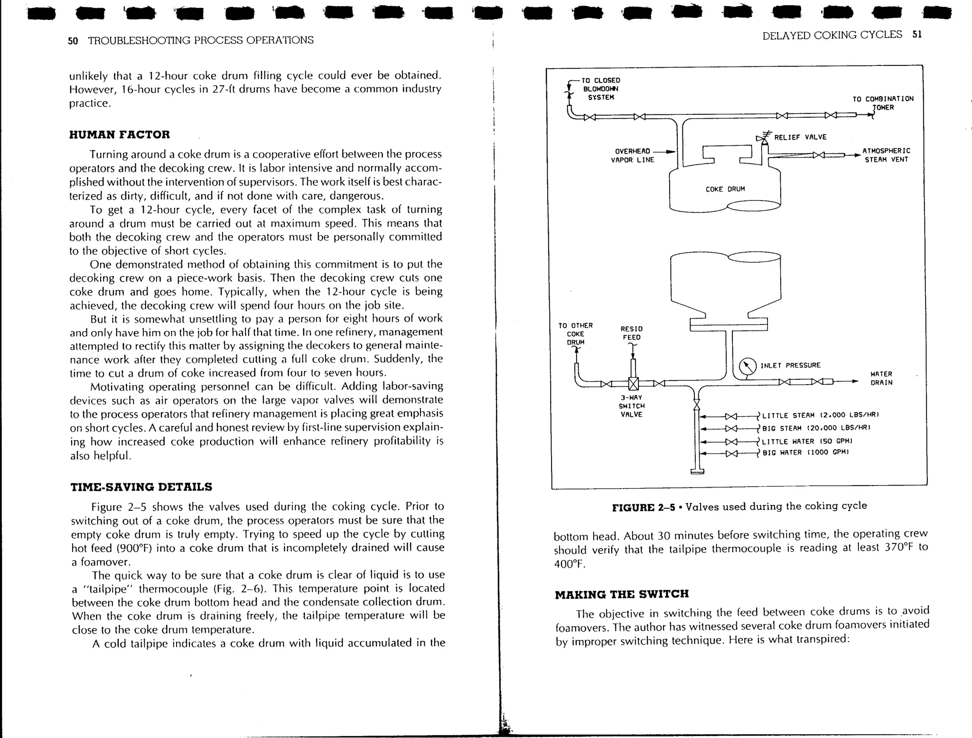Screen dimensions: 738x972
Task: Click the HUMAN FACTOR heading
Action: pyautogui.click(x=119, y=134)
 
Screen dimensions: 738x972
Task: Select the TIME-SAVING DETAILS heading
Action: pyautogui.click(x=141, y=487)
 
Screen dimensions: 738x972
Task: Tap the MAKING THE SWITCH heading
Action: pyautogui.click(x=621, y=594)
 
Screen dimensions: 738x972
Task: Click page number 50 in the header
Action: pyautogui.click(x=73, y=41)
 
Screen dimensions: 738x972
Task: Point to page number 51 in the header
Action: pyautogui.click(x=916, y=34)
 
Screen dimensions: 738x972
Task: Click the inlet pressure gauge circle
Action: pyautogui.click(x=748, y=367)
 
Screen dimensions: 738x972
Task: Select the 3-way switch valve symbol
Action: pyautogui.click(x=633, y=384)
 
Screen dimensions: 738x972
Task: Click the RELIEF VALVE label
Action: pyautogui.click(x=800, y=137)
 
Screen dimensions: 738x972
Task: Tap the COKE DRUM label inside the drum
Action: pyautogui.click(x=725, y=189)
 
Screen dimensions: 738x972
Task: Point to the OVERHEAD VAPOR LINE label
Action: pyautogui.click(x=632, y=156)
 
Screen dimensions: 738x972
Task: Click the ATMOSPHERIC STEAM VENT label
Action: pyautogui.click(x=886, y=155)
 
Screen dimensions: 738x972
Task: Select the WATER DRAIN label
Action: pyautogui.click(x=881, y=378)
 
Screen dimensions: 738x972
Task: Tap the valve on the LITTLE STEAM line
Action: pyautogui.click(x=731, y=416)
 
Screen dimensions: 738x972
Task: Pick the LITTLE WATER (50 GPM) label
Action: pyautogui.click(x=805, y=441)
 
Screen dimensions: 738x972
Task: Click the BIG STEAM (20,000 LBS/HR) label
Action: pyautogui.click(x=816, y=428)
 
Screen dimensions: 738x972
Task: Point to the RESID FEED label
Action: pyautogui.click(x=631, y=333)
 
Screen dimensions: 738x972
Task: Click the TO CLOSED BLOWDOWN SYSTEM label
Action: pyautogui.click(x=601, y=89)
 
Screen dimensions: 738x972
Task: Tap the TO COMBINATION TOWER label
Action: pyautogui.click(x=882, y=103)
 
